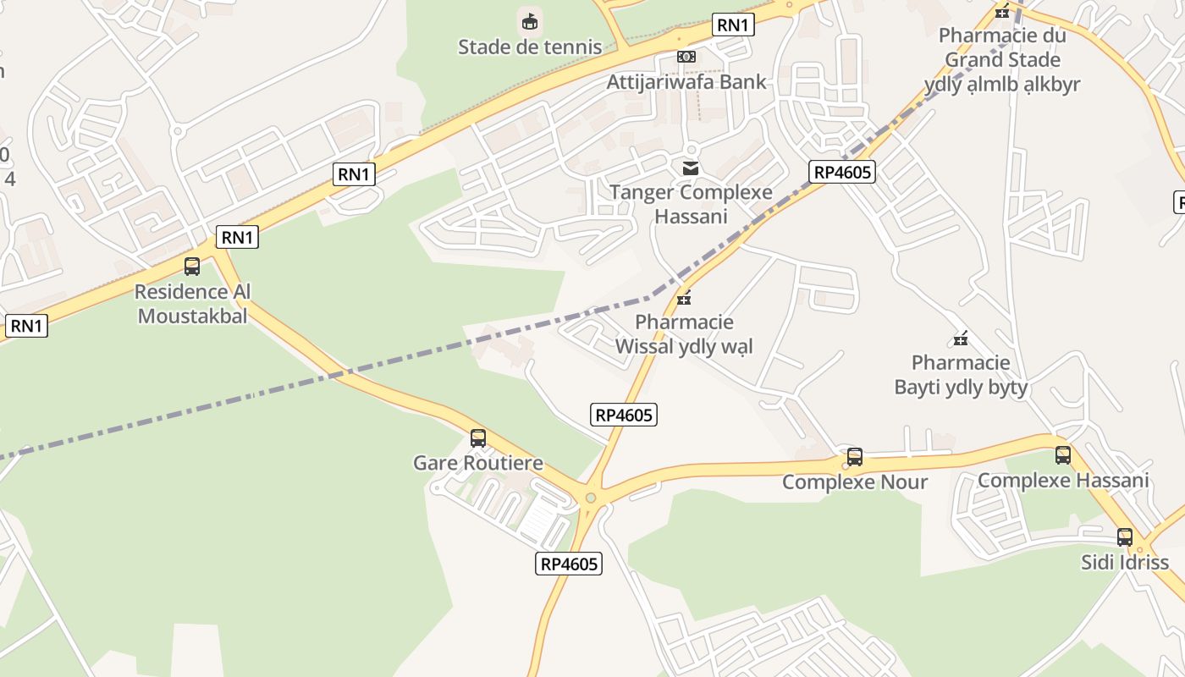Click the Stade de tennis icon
tap(530, 20)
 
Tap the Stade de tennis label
tap(530, 47)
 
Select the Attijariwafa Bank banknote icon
tap(686, 57)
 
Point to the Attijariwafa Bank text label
tap(686, 82)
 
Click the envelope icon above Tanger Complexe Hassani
tap(691, 168)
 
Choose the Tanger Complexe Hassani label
tap(691, 204)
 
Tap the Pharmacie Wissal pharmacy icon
tap(684, 298)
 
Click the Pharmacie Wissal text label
tap(684, 334)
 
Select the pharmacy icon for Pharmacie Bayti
tap(961, 338)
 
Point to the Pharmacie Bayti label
tap(961, 375)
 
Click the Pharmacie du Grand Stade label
tap(1002, 60)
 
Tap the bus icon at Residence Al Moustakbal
tap(192, 267)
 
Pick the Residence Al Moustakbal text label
tap(193, 304)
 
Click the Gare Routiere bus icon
tap(478, 438)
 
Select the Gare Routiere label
tap(478, 463)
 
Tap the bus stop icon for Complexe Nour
tap(855, 457)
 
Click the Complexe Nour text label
tap(855, 482)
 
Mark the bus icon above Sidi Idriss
tap(1125, 537)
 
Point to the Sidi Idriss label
tap(1125, 562)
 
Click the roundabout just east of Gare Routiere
tap(591, 498)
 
